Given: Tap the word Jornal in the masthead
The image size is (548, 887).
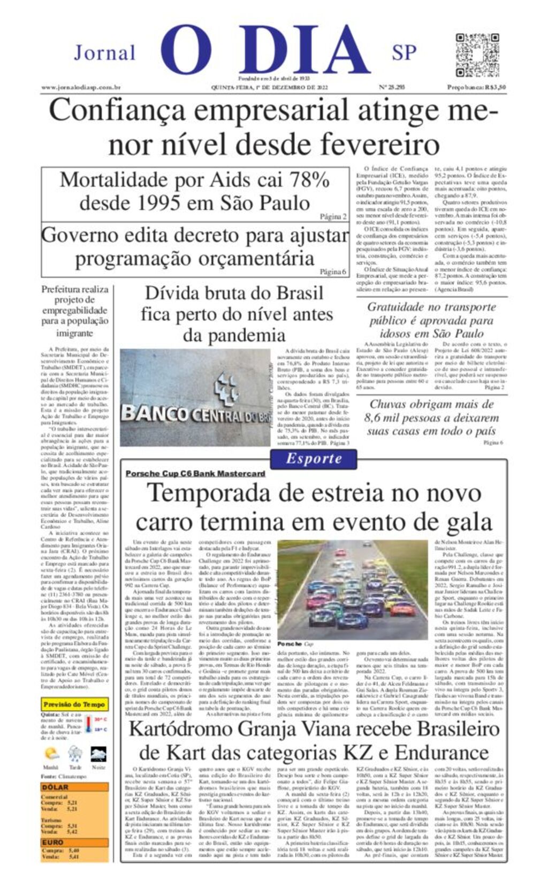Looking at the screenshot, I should coord(104,53).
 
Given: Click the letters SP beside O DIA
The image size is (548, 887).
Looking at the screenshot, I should coord(404,52).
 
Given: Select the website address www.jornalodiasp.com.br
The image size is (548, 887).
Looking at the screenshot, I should coord(81,87).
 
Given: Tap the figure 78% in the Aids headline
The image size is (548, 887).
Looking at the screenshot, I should coord(309,180).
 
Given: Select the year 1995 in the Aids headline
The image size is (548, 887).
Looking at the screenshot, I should coord(163,204).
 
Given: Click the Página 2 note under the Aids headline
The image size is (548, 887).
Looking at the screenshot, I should coord(333,217).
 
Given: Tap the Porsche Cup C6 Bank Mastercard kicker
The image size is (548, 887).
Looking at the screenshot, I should coord(195,473).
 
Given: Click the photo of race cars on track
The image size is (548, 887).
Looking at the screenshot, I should coord(352,589).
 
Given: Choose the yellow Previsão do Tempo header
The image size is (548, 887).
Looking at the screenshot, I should coord(74,704).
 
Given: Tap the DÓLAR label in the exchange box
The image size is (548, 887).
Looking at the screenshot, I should coord(55,787).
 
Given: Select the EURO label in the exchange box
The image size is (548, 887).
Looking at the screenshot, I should coord(53,843).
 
